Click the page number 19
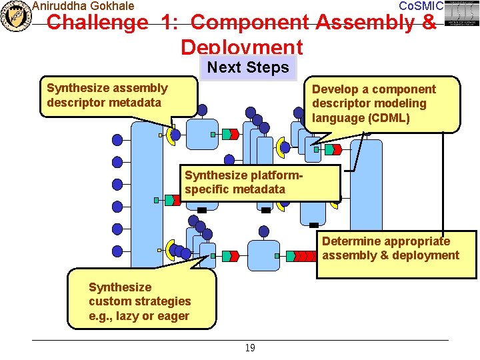point(250,348)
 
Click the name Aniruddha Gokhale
point(83,6)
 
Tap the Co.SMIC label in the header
point(420,6)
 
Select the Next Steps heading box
point(248,67)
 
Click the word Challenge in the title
point(98,23)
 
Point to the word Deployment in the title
point(241,47)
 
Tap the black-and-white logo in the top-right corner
point(461,13)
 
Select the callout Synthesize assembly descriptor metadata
point(121,95)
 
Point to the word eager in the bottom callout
point(173,316)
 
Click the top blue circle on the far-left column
point(117,140)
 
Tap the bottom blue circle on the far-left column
point(117,251)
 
